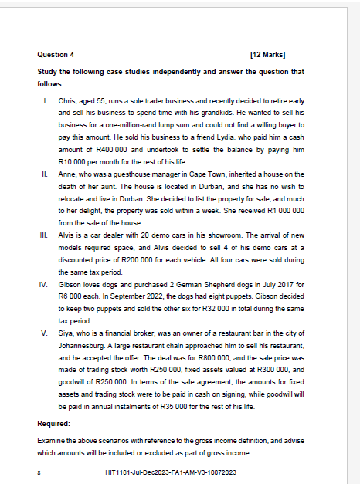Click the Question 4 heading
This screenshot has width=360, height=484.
(56, 55)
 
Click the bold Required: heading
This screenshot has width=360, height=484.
(53, 424)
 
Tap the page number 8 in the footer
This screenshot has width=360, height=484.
(39, 472)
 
